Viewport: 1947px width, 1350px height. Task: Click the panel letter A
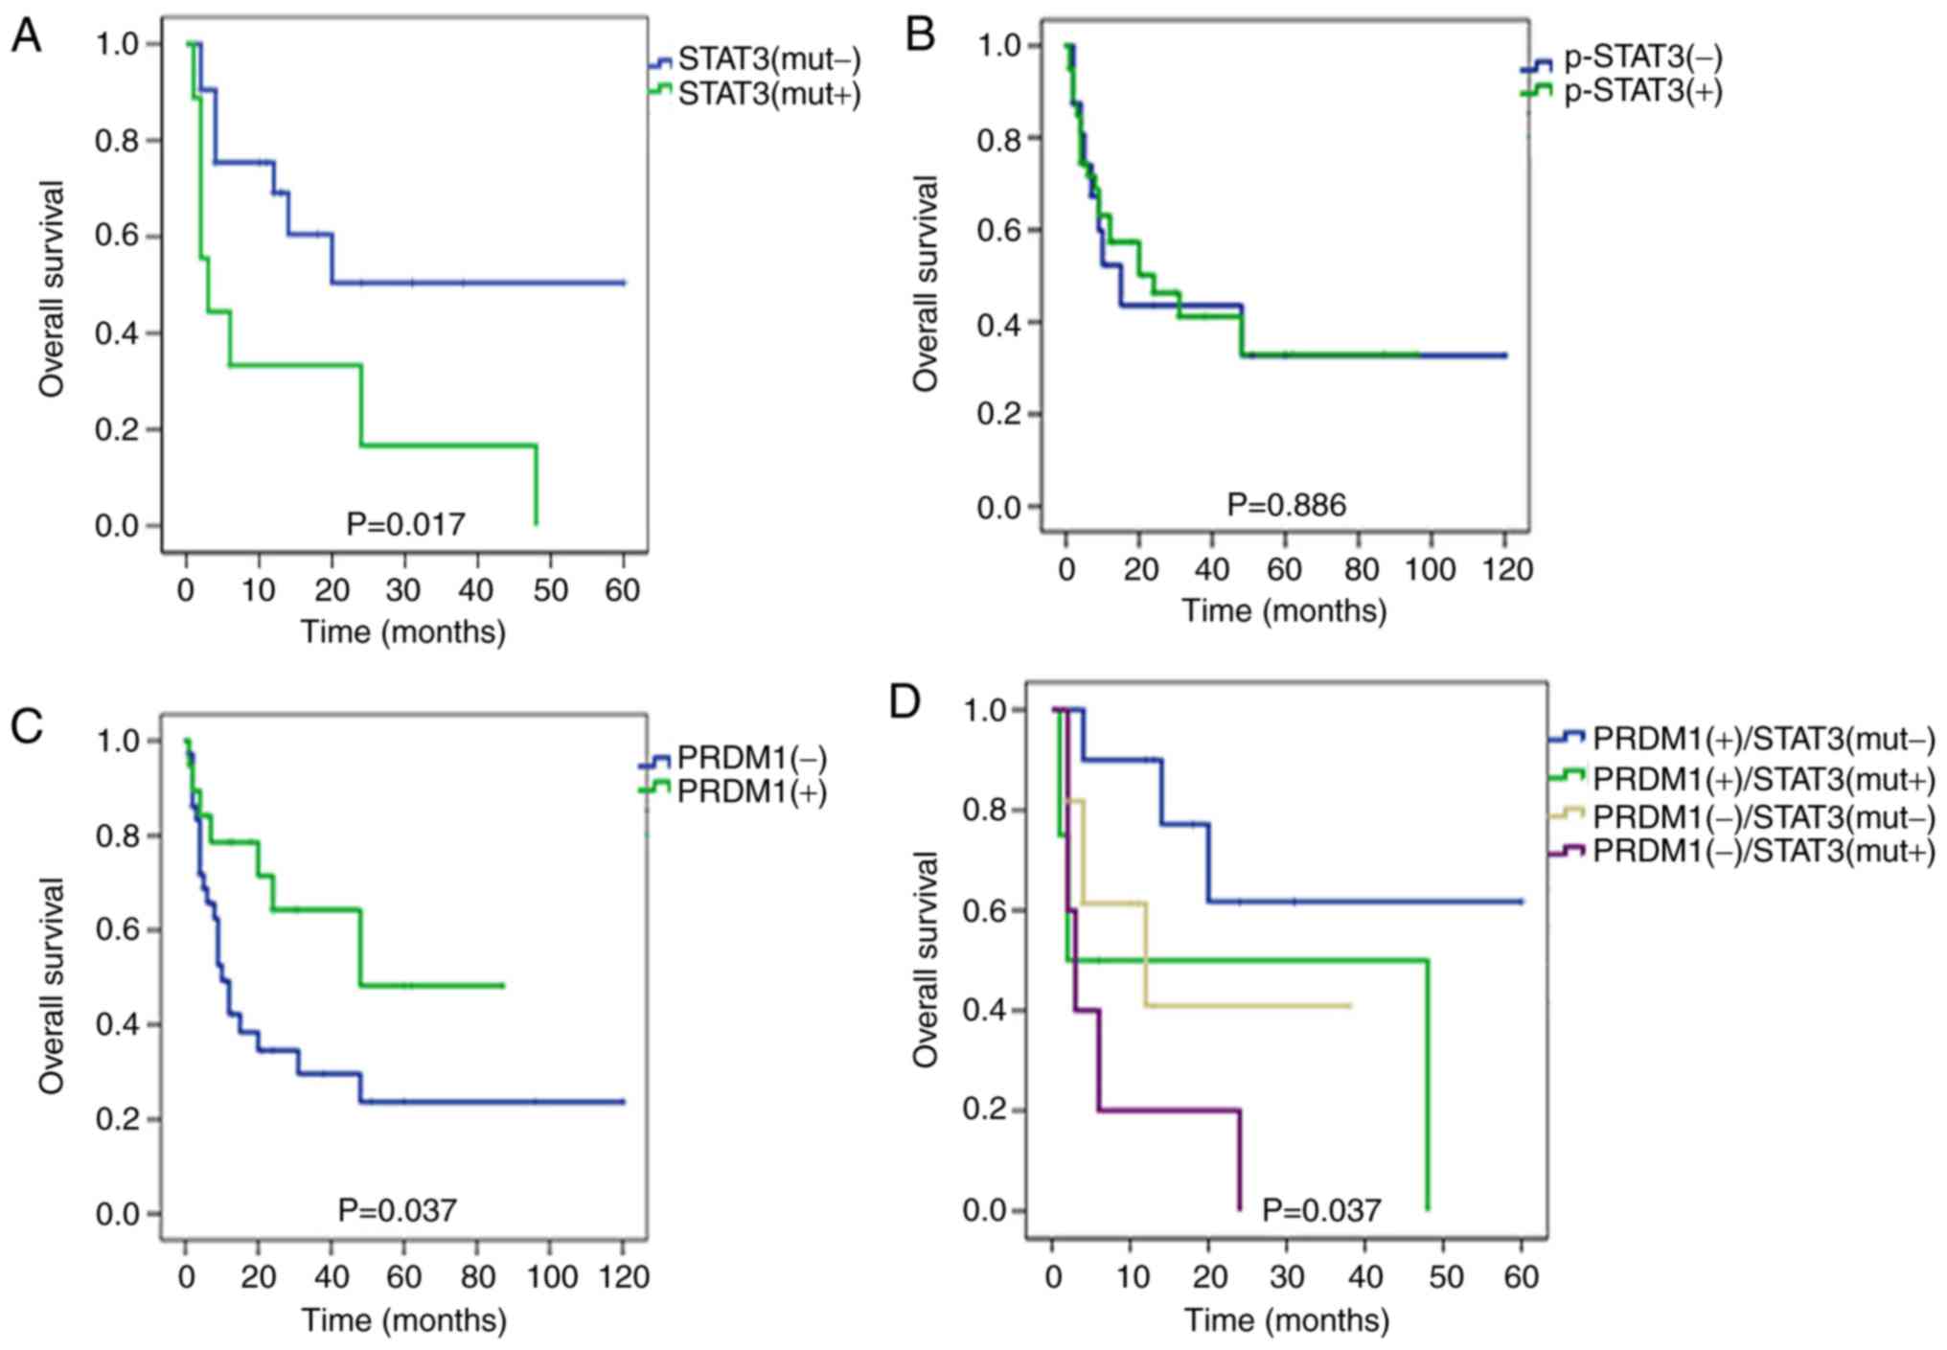click(x=27, y=37)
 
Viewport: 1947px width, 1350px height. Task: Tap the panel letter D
click(x=905, y=702)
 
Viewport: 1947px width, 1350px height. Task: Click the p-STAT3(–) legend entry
click(x=1642, y=58)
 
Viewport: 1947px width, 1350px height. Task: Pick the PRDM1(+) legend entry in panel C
click(x=751, y=791)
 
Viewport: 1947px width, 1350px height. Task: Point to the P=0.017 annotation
click(x=405, y=524)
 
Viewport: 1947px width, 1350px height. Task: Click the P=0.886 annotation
click(x=1287, y=505)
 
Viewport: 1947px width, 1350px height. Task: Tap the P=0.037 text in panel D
click(x=1321, y=1210)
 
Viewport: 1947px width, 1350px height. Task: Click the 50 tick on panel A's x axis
click(x=549, y=590)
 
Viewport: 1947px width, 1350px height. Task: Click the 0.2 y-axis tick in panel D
click(x=985, y=1110)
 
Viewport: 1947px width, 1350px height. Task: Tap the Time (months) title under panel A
click(x=403, y=632)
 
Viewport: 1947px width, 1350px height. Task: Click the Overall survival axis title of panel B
click(x=926, y=284)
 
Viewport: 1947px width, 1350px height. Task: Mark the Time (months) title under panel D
click(x=1286, y=1320)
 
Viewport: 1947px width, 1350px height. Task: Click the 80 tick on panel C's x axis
click(x=476, y=1277)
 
